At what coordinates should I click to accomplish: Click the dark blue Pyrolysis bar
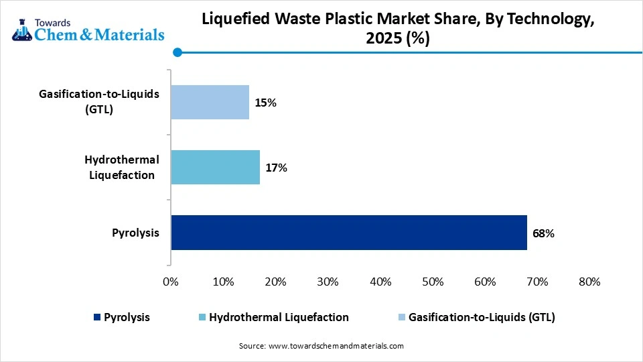point(348,233)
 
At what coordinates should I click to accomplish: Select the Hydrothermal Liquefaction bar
point(215,167)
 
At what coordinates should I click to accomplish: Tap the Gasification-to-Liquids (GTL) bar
point(210,102)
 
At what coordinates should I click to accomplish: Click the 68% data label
point(543,233)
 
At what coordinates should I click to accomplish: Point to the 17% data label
point(276,168)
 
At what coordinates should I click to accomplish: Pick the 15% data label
point(265,103)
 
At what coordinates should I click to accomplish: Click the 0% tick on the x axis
point(171,282)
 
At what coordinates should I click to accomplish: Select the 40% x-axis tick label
point(380,282)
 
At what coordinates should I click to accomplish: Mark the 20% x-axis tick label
point(275,282)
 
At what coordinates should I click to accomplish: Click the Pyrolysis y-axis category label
point(135,233)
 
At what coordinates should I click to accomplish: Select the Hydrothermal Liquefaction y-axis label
point(121,167)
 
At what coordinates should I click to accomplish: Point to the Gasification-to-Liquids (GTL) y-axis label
point(99,102)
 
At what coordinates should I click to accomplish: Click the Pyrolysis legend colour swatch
point(98,317)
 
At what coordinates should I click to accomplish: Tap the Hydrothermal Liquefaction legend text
point(279,317)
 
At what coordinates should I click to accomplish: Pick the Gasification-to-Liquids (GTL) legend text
point(482,317)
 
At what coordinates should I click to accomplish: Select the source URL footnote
point(321,346)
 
